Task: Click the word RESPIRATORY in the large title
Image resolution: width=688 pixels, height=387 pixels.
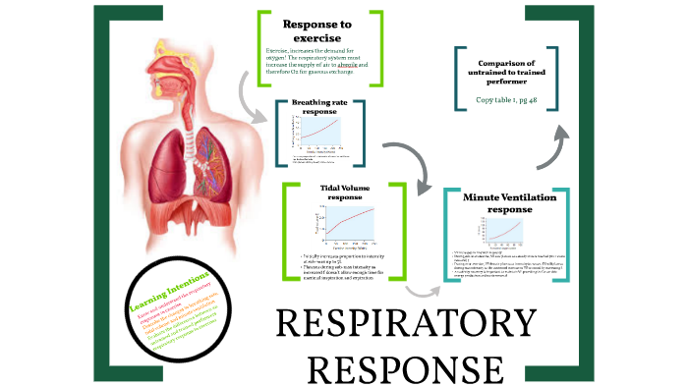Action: (x=404, y=325)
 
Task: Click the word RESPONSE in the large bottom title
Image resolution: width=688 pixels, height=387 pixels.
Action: (x=404, y=367)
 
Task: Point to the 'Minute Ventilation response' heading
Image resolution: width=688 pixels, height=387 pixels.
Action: (x=504, y=203)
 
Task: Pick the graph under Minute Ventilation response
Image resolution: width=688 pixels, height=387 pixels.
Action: (x=503, y=230)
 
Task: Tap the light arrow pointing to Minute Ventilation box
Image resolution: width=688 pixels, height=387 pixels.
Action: (x=424, y=286)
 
